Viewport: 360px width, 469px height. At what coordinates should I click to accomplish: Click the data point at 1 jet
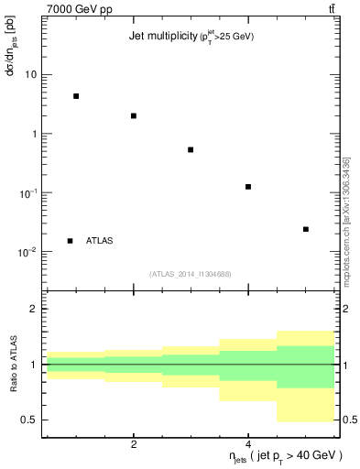pyautogui.click(x=76, y=96)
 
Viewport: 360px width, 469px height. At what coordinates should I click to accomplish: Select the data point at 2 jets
pyautogui.click(x=134, y=115)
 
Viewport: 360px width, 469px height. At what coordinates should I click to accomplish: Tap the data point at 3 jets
pyautogui.click(x=191, y=149)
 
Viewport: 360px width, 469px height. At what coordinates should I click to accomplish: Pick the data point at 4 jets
pyautogui.click(x=248, y=187)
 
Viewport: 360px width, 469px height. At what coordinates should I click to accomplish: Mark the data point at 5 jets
pyautogui.click(x=306, y=229)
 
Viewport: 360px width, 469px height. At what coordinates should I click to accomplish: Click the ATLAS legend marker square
pyautogui.click(x=70, y=241)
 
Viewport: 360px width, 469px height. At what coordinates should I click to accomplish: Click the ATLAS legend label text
pyautogui.click(x=100, y=241)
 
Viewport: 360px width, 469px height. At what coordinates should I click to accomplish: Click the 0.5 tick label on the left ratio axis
pyautogui.click(x=29, y=420)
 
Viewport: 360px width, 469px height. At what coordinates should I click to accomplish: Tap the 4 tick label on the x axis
pyautogui.click(x=248, y=444)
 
